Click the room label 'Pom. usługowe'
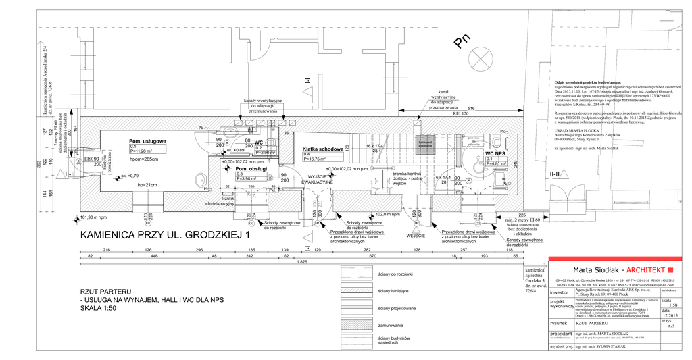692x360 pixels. (148, 140)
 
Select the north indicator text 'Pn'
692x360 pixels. (462, 43)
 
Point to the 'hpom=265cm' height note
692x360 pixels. (144, 159)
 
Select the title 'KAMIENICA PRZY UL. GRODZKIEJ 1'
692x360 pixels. (165, 236)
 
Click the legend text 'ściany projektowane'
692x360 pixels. (397, 308)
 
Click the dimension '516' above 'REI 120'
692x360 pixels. (471, 109)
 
